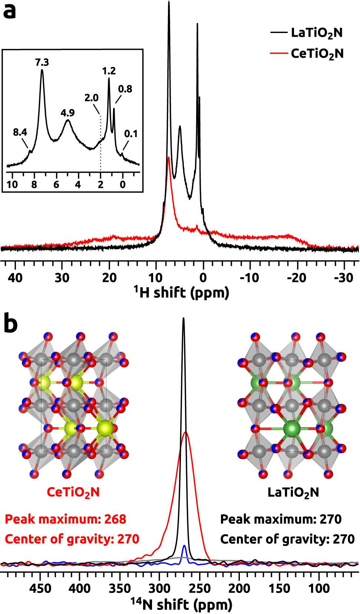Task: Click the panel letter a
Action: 10,11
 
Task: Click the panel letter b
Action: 10,323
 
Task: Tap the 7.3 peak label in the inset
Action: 42,62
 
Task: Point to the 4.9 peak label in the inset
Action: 67,113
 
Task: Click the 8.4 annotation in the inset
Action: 20,132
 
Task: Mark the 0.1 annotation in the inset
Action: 131,134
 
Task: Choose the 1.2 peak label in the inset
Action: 109,71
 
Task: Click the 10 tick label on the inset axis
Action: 12,185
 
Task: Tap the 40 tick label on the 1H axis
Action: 15,278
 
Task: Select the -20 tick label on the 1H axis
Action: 296,278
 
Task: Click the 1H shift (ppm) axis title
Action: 181,293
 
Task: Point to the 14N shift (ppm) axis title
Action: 181,604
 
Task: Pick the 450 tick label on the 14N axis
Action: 40,588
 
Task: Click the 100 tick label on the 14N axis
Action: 319,588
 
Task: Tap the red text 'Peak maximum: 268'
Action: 66,519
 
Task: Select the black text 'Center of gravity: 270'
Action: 287,539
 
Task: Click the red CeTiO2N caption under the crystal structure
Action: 73,492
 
